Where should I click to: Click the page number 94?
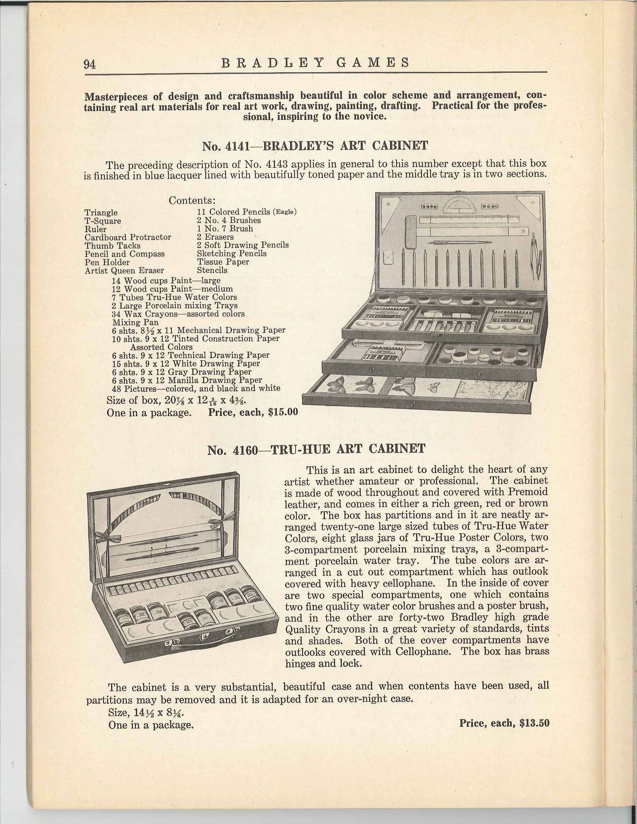point(91,64)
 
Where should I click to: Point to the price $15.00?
point(283,412)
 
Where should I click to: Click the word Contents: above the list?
point(192,200)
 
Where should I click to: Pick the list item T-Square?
point(103,221)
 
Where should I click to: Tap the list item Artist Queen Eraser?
point(124,270)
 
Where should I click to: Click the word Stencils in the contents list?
point(212,270)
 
